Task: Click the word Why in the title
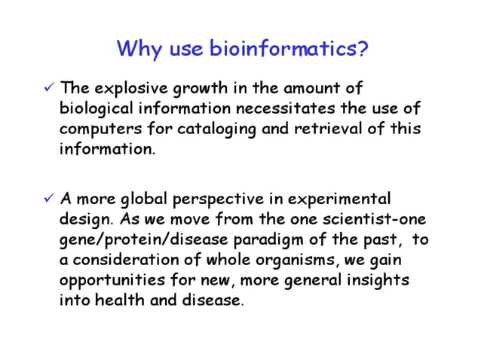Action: (136, 50)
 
